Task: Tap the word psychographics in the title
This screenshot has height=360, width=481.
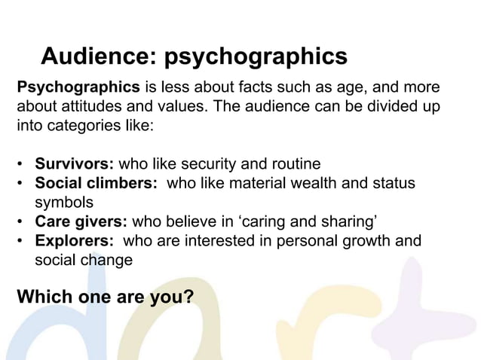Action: [x=256, y=57]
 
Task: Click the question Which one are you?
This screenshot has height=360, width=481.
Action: [x=105, y=297]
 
